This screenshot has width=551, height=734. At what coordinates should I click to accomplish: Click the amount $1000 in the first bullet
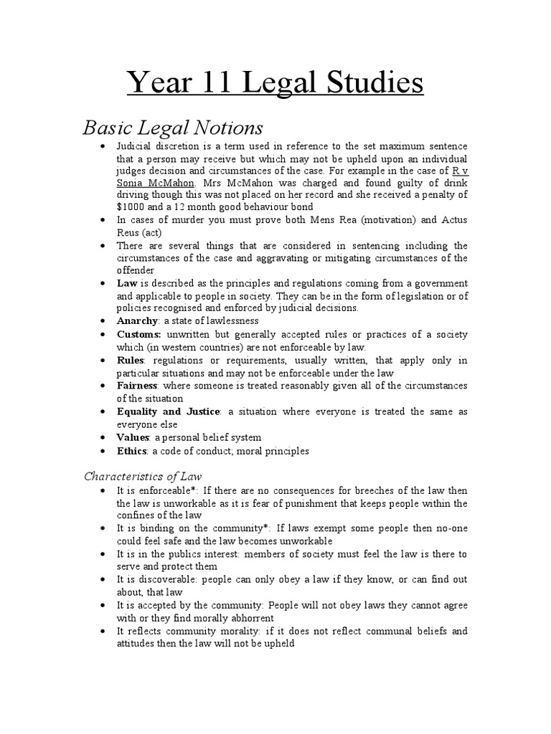pos(131,207)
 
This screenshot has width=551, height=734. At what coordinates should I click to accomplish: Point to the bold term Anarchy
pos(137,320)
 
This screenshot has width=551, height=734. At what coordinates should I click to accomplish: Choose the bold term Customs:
pos(140,334)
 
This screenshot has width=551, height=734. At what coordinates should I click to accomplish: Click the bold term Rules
pos(131,360)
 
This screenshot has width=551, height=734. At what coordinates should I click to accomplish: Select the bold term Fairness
pos(138,386)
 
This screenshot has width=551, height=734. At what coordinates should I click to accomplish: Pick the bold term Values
pos(133,437)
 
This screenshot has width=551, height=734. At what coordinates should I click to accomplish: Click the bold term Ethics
pos(132,451)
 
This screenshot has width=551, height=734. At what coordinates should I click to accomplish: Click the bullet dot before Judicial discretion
pos(104,146)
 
